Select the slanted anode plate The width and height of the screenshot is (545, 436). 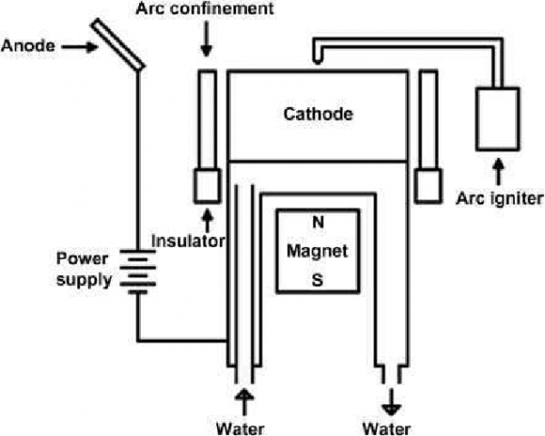click(x=121, y=44)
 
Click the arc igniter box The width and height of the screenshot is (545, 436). click(x=498, y=118)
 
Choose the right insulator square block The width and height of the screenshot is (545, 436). click(x=426, y=186)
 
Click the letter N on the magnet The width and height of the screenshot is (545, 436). click(x=317, y=222)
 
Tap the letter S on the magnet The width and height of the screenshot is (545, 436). click(x=317, y=281)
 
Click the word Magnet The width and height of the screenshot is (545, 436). click(x=317, y=250)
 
